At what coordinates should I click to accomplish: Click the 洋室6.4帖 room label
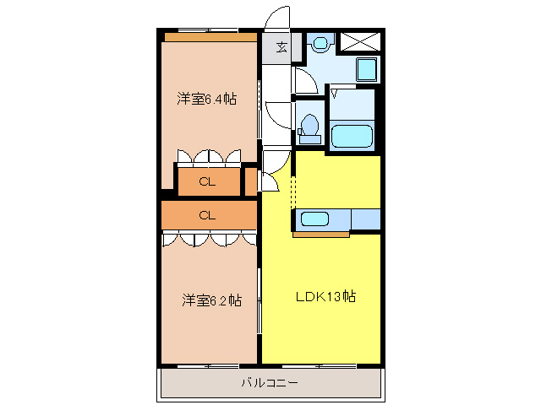(x=206, y=99)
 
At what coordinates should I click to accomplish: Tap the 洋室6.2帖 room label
(x=211, y=300)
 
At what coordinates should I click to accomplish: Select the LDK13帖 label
(x=325, y=297)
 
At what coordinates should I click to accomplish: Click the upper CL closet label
(x=207, y=181)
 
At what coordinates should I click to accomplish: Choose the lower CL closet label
(x=207, y=215)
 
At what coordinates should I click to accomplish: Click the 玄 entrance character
(x=281, y=47)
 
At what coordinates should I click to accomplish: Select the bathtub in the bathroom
(x=351, y=137)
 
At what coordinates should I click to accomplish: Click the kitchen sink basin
(x=315, y=219)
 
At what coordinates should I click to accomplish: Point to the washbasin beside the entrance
(x=320, y=42)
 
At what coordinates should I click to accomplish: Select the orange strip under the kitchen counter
(x=322, y=235)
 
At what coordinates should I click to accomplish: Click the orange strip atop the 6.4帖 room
(x=210, y=37)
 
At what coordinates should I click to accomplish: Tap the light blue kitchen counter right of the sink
(x=365, y=219)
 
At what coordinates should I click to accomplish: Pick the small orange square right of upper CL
(x=250, y=181)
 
